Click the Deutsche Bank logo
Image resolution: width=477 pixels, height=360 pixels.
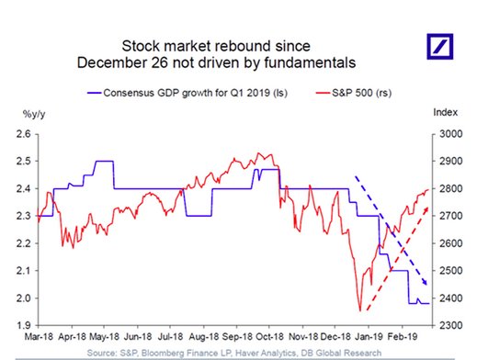(x=440, y=46)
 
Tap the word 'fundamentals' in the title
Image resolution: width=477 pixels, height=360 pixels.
(x=310, y=62)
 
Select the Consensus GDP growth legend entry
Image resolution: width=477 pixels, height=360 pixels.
(x=187, y=93)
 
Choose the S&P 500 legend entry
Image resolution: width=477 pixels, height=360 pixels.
(x=354, y=93)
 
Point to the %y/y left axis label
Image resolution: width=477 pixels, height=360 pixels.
(x=34, y=114)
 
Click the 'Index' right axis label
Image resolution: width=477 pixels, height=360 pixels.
(x=445, y=112)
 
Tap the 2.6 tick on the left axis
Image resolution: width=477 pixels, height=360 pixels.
(x=24, y=134)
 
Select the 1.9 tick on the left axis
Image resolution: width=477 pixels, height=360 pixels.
(x=24, y=325)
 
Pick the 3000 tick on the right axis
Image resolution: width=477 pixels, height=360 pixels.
(x=450, y=134)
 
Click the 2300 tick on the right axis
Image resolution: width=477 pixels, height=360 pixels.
(x=450, y=325)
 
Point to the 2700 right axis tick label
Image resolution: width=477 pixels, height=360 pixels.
(x=450, y=216)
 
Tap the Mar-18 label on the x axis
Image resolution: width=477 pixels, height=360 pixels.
(x=39, y=337)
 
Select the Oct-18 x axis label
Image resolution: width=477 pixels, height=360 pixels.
(x=269, y=337)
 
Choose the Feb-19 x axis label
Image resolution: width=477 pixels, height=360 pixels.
(x=403, y=337)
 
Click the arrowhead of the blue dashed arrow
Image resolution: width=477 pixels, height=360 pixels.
(x=425, y=282)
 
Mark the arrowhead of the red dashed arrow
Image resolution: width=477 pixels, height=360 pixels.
(x=426, y=209)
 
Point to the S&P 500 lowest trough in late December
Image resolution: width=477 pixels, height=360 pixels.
(x=360, y=310)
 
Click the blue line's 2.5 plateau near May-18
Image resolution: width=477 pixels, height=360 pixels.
(x=105, y=161)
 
